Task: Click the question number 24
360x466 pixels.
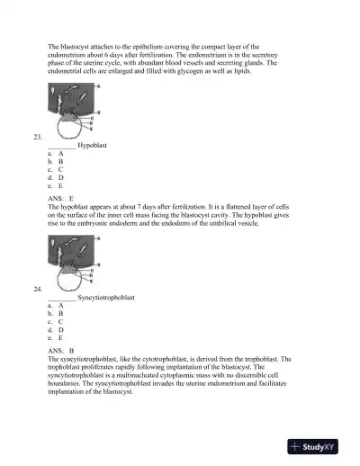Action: tap(37, 289)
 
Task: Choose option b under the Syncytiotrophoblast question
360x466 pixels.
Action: tap(55, 313)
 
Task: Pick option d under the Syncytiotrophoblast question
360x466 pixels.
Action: tap(55, 329)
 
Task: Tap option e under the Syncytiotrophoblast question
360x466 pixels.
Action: tap(55, 337)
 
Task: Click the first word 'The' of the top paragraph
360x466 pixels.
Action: tap(53, 45)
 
